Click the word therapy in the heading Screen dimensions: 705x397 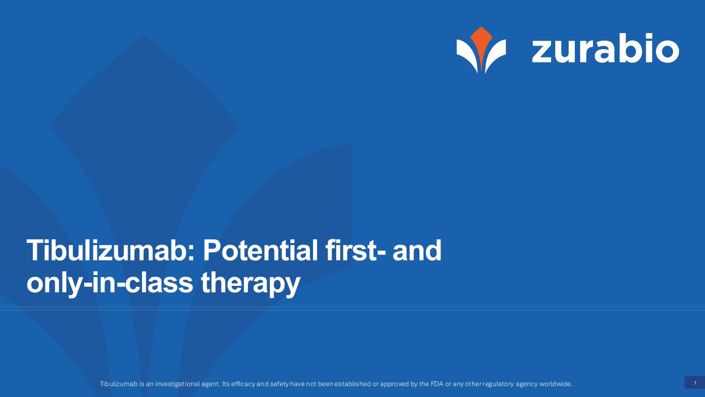250,283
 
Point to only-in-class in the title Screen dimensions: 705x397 110,283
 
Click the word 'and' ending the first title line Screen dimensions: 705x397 417,251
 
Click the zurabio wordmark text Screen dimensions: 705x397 605,48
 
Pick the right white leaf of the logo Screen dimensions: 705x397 495,54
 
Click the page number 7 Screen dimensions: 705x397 695,383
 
